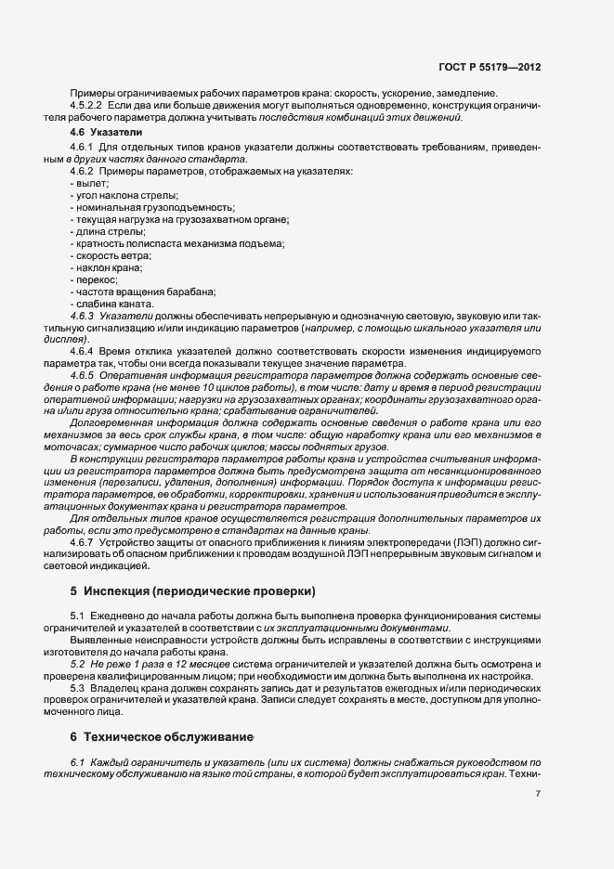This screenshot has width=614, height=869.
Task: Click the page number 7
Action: [x=538, y=794]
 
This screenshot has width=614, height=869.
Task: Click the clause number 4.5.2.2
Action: [x=85, y=107]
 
